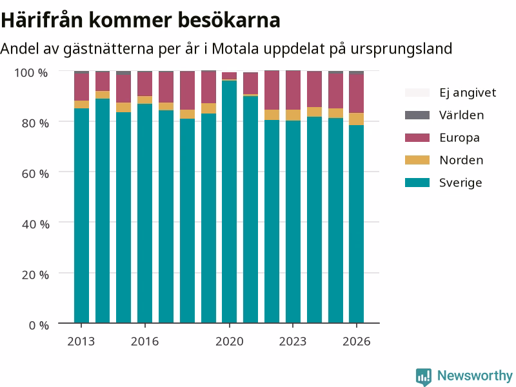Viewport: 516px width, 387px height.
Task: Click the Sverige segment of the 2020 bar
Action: [x=230, y=202]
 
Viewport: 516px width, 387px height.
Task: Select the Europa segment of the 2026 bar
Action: [x=357, y=94]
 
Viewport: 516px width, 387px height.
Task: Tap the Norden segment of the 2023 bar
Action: [x=293, y=115]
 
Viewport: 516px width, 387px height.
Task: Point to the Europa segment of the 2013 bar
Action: [x=81, y=87]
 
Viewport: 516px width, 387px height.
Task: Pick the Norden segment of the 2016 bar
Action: [x=144, y=100]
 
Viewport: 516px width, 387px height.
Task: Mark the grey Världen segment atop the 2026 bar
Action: [x=357, y=72]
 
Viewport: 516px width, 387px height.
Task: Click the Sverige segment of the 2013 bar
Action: [x=81, y=215]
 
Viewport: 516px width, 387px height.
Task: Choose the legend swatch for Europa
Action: [x=417, y=137]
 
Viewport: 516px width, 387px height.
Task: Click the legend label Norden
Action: [x=461, y=160]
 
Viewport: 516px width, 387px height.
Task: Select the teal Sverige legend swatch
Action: [x=417, y=183]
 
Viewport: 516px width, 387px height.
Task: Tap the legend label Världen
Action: [x=461, y=115]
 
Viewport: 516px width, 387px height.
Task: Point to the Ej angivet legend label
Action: [x=468, y=93]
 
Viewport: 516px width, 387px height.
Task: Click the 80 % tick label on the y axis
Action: [x=35, y=123]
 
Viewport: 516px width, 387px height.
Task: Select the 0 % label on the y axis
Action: [x=39, y=325]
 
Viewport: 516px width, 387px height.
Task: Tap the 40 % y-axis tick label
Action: [x=35, y=224]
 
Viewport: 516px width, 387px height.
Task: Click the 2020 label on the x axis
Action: [x=230, y=342]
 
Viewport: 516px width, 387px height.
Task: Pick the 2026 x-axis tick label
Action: [x=357, y=342]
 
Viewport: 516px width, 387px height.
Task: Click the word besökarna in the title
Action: [x=229, y=20]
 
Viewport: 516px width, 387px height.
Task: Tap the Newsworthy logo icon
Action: [x=424, y=377]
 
